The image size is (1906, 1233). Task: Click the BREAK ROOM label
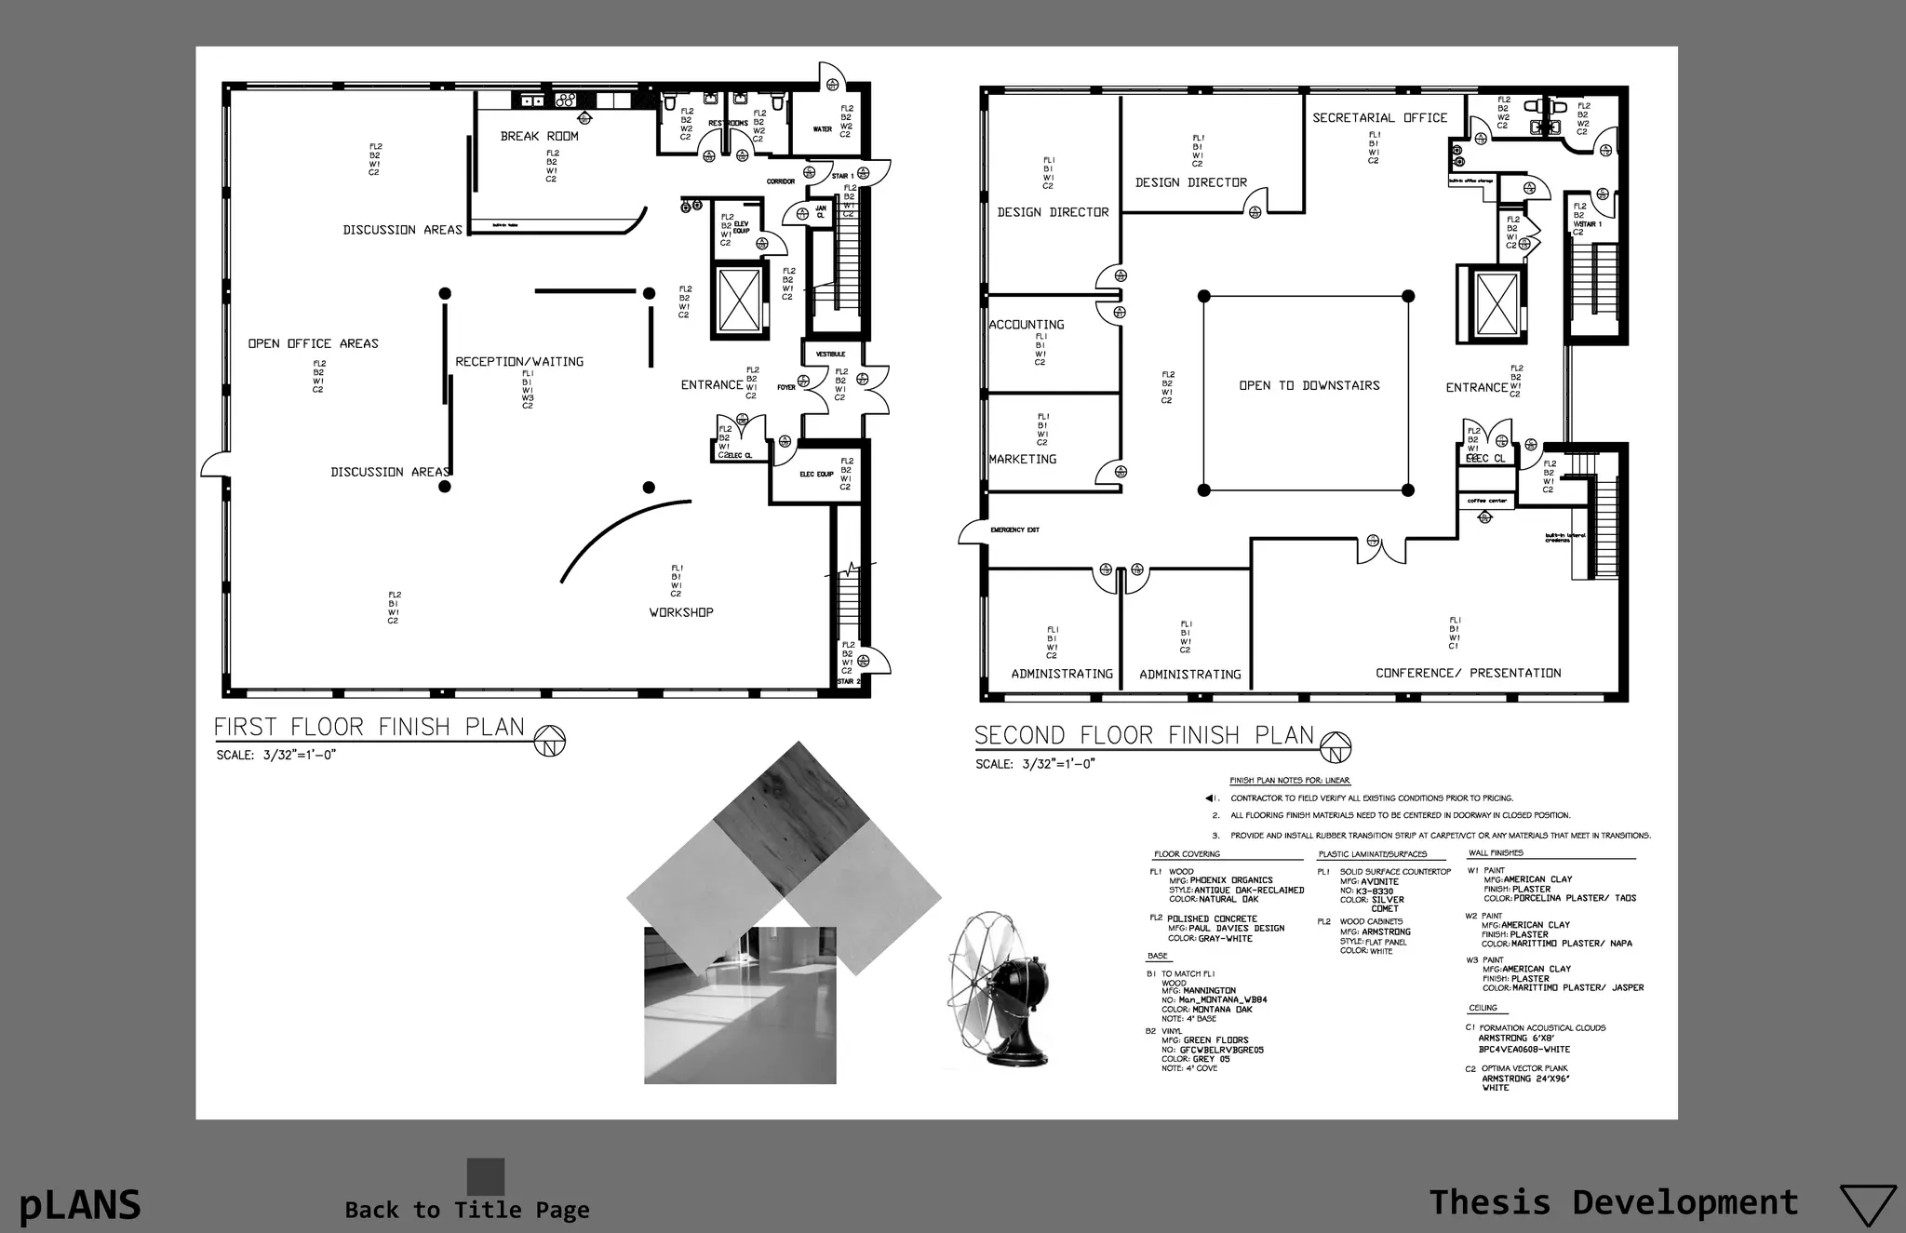tap(539, 136)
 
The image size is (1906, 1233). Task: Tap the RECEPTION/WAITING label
tap(519, 361)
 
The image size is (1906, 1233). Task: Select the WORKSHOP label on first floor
tap(681, 612)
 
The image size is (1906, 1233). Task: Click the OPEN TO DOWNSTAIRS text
tap(1309, 385)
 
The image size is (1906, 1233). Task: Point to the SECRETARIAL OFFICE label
tap(1379, 118)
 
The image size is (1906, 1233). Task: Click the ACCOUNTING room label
tap(1026, 325)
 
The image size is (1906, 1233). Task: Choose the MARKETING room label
tap(1022, 459)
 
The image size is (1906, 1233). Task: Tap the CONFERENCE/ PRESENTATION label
tap(1468, 673)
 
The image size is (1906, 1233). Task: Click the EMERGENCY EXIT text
tap(1014, 529)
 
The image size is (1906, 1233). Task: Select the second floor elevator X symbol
tap(1497, 303)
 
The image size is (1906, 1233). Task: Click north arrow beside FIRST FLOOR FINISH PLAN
tap(550, 742)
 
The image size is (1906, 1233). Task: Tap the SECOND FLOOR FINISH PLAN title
tap(1144, 735)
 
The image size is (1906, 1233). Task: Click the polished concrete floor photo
tap(740, 1005)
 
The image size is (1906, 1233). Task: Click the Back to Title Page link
tap(467, 1210)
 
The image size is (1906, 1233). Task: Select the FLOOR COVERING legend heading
tap(1187, 853)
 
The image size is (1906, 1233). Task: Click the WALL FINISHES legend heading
tap(1495, 852)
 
